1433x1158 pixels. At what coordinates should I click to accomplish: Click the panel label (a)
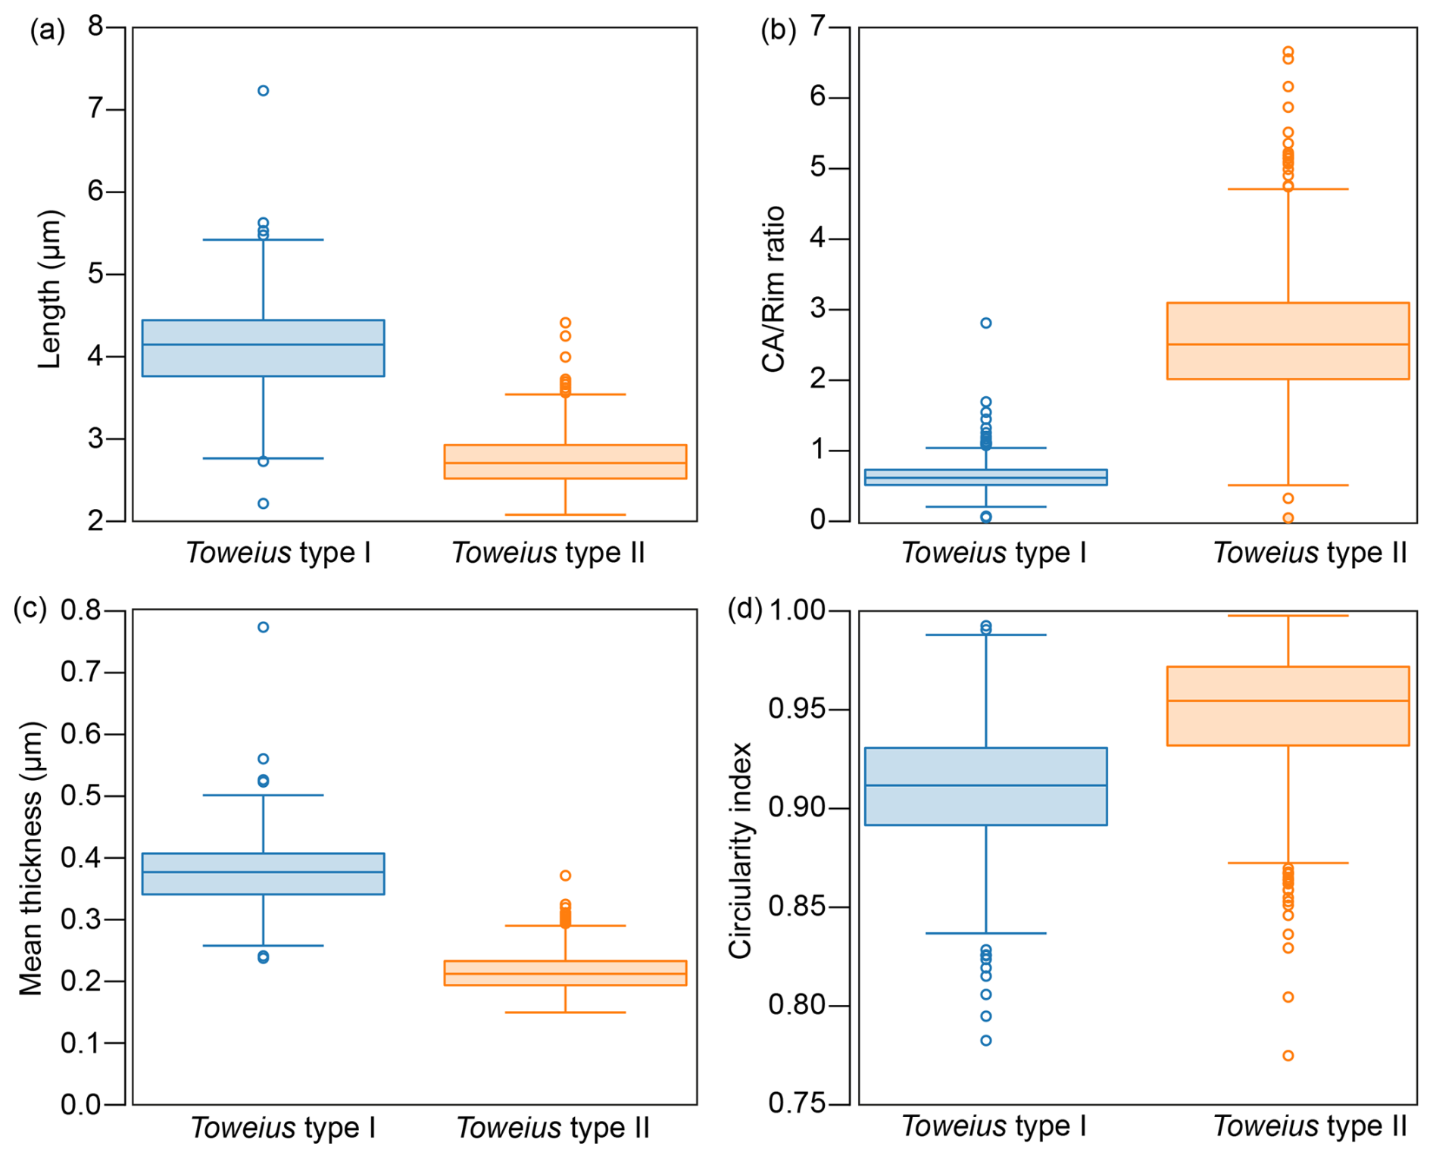pyautogui.click(x=47, y=30)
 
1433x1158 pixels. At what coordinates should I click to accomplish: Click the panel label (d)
pyautogui.click(x=745, y=608)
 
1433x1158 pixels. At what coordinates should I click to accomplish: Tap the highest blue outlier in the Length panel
pyautogui.click(x=263, y=91)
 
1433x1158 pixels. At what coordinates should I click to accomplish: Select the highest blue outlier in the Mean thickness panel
pyautogui.click(x=263, y=627)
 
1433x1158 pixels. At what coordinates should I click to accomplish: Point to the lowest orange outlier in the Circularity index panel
pyautogui.click(x=1288, y=1056)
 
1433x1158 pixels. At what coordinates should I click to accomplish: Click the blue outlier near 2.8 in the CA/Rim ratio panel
pyautogui.click(x=985, y=323)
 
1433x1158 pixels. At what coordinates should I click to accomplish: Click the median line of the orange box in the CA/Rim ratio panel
pyautogui.click(x=1288, y=345)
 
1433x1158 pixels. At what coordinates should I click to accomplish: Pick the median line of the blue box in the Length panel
pyautogui.click(x=263, y=345)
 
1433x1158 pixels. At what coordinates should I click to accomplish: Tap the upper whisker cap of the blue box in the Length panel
pyautogui.click(x=263, y=240)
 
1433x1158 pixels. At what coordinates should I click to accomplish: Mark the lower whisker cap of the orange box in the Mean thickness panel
pyautogui.click(x=565, y=1013)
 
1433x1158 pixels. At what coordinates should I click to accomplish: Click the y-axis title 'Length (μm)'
pyautogui.click(x=50, y=289)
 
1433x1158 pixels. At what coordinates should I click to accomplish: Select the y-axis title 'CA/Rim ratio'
pyautogui.click(x=773, y=289)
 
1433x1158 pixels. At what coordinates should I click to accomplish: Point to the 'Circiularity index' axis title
pyautogui.click(x=740, y=851)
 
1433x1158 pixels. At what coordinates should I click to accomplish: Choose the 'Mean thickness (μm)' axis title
pyautogui.click(x=31, y=858)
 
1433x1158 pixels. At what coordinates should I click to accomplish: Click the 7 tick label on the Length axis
pyautogui.click(x=95, y=109)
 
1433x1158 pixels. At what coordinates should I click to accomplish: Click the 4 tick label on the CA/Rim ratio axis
pyautogui.click(x=818, y=239)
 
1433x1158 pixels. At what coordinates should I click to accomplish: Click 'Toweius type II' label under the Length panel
pyautogui.click(x=548, y=553)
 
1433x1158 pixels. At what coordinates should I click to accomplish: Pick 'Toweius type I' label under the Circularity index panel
pyautogui.click(x=994, y=1126)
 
